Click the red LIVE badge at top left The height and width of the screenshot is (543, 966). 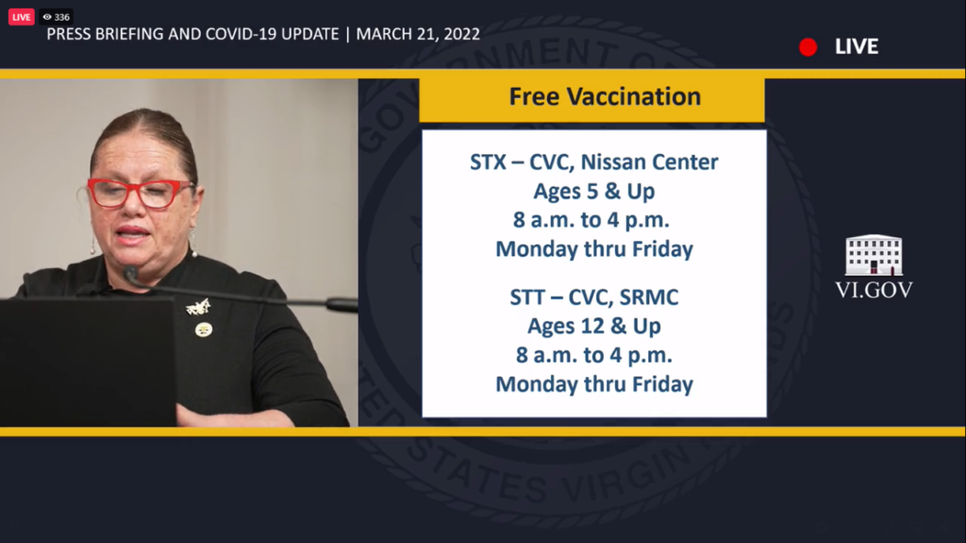21,17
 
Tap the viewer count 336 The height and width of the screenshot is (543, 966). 61,17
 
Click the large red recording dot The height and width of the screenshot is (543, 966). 808,47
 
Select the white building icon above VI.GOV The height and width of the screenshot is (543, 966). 874,255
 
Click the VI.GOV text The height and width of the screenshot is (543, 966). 874,290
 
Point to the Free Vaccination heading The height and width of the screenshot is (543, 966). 605,97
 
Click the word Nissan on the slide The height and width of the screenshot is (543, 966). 613,161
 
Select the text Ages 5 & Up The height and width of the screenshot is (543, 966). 594,192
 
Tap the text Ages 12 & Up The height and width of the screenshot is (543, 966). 594,326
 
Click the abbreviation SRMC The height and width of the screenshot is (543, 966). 649,297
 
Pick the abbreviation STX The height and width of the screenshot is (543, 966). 488,162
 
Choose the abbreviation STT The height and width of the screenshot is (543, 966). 527,297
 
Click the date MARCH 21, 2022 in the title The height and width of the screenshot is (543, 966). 418,34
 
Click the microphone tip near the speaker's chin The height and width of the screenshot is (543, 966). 130,273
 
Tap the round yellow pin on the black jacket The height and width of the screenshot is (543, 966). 204,330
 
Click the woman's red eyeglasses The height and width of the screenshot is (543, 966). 140,193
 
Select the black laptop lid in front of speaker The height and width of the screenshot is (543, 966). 88,362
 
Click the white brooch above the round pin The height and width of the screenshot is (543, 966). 198,306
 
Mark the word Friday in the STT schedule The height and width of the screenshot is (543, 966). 662,384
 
